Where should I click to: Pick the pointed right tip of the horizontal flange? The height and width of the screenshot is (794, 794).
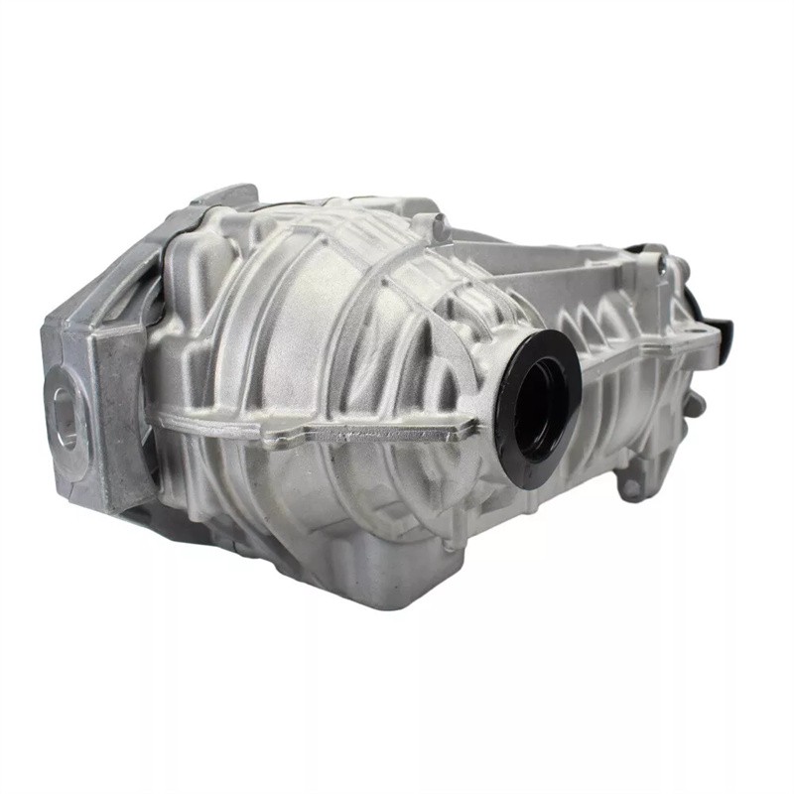pyautogui.click(x=474, y=429)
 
